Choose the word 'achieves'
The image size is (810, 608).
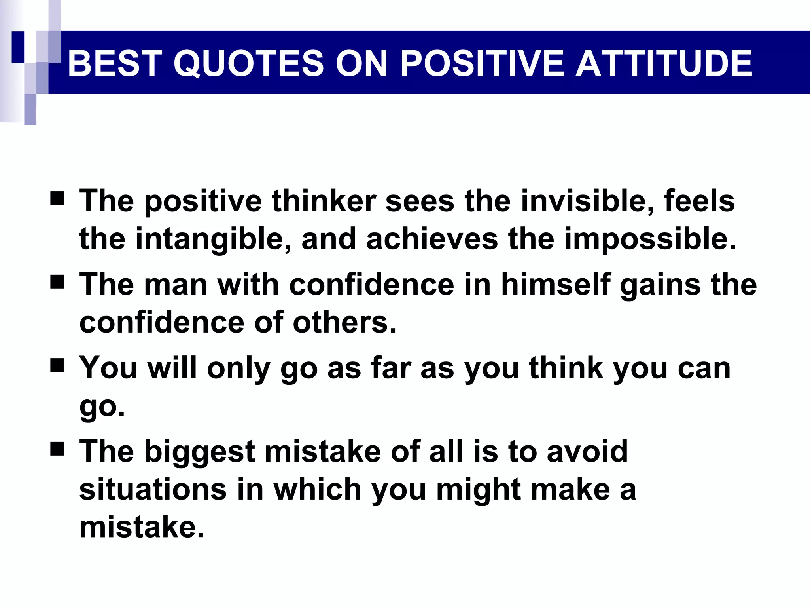[432, 239]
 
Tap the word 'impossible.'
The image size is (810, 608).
[650, 239]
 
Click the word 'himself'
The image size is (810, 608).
[556, 285]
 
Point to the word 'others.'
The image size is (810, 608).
[344, 322]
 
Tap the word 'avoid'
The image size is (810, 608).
[587, 452]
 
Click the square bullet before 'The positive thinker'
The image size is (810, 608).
[57, 198]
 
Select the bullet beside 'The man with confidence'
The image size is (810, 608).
[57, 282]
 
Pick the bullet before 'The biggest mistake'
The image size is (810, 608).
[57, 449]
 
